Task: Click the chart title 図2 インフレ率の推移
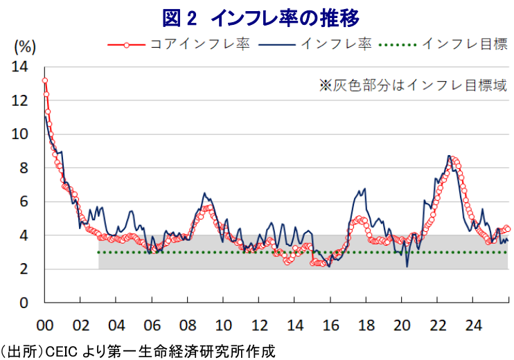[x=257, y=15]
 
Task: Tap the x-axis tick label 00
[x=45, y=324]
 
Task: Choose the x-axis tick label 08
[x=188, y=324]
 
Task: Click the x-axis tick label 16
[x=330, y=324]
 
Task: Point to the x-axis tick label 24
[x=473, y=324]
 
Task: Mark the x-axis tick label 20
[x=402, y=324]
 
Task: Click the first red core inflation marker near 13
[x=45, y=81]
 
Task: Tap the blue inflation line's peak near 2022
[x=449, y=156]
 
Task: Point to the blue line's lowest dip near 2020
[x=407, y=267]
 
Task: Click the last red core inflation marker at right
[x=508, y=228]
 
